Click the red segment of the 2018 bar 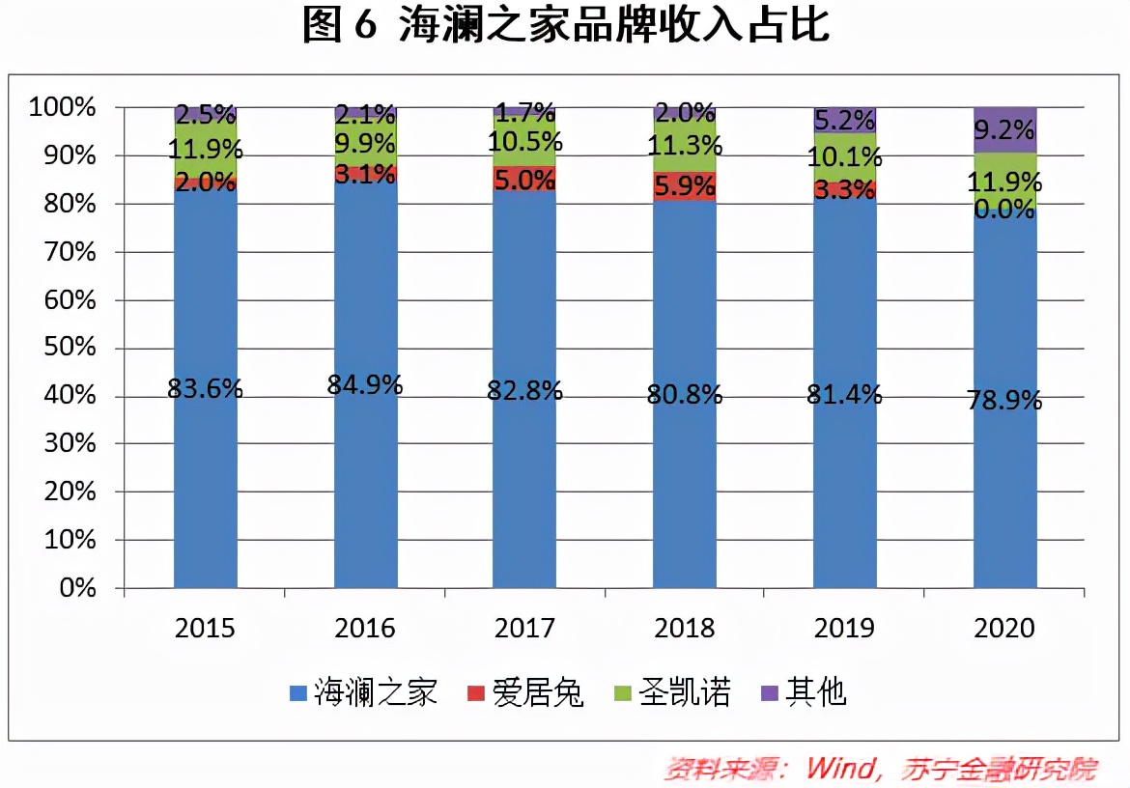point(685,186)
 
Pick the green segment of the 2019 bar point(845,156)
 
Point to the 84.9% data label point(365,384)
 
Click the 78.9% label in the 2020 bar point(1005,400)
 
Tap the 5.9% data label point(685,186)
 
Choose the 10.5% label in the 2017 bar point(525,143)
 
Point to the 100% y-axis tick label point(63,107)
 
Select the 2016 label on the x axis point(365,629)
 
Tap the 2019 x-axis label point(845,629)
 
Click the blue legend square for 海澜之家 point(298,693)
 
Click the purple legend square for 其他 point(770,693)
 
